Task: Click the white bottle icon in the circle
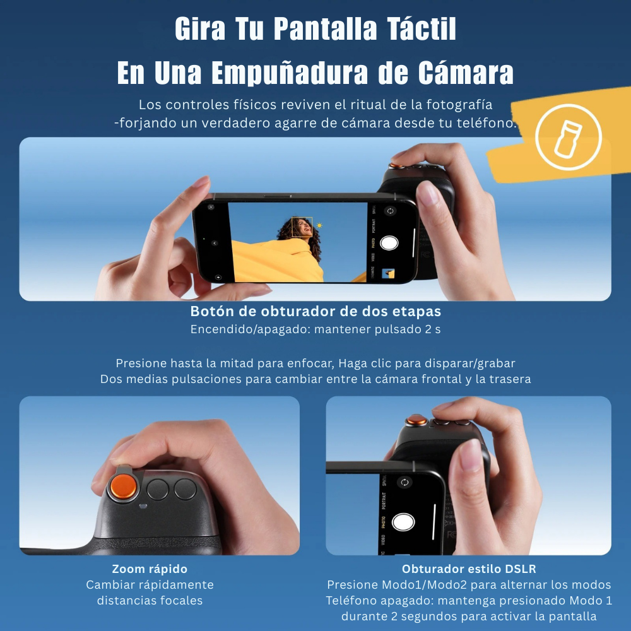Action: click(x=568, y=137)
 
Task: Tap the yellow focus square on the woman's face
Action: click(x=302, y=227)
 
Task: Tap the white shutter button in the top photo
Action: click(x=389, y=244)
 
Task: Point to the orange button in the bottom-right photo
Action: click(x=415, y=419)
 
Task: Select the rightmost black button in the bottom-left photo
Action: click(x=186, y=488)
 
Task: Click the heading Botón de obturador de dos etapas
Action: click(x=315, y=312)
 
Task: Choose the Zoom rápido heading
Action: click(x=150, y=569)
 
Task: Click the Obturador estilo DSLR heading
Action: click(x=469, y=569)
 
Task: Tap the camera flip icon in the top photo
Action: click(x=390, y=212)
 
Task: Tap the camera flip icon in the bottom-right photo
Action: click(x=404, y=482)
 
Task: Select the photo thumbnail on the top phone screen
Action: click(x=389, y=273)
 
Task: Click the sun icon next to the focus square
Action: click(x=319, y=225)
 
